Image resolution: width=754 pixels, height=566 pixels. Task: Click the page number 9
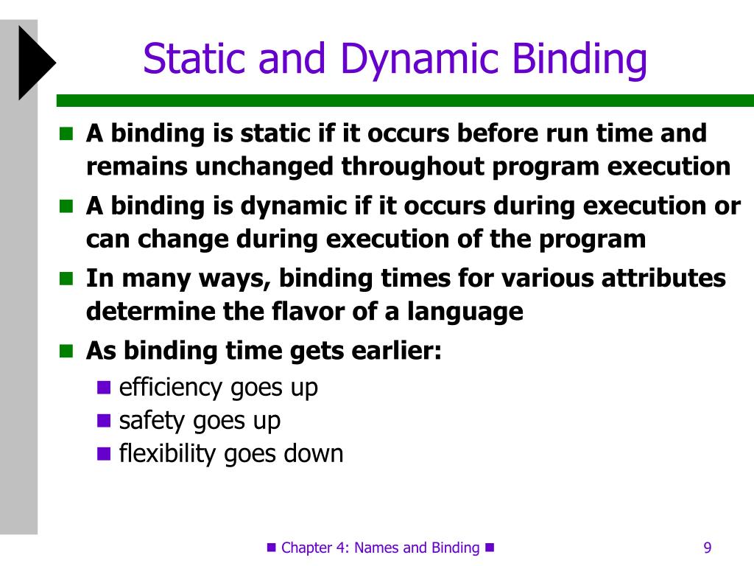pyautogui.click(x=708, y=548)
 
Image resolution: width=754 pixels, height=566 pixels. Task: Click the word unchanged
pyautogui.click(x=264, y=167)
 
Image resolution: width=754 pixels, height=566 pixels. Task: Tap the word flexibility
pyautogui.click(x=168, y=454)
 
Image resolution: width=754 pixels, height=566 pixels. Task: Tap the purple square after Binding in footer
pyautogui.click(x=490, y=548)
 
